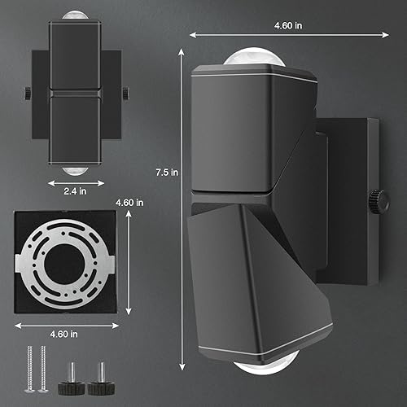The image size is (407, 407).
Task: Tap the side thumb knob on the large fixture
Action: (x=378, y=199)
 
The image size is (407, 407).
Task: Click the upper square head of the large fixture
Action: (x=244, y=130)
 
